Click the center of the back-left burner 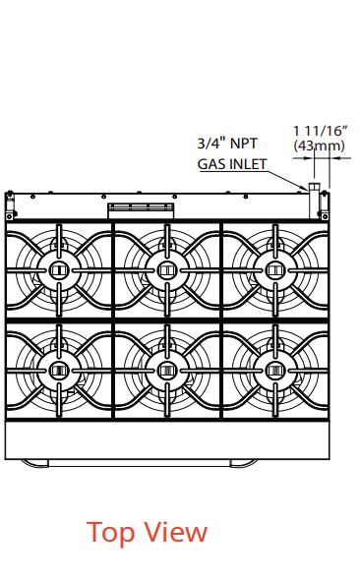(59, 270)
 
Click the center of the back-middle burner (167, 270)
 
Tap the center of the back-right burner (275, 270)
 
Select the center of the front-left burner (59, 371)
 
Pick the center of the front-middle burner (167, 371)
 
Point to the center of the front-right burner (275, 371)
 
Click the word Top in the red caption (111, 533)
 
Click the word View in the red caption (176, 532)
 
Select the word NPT (244, 144)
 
